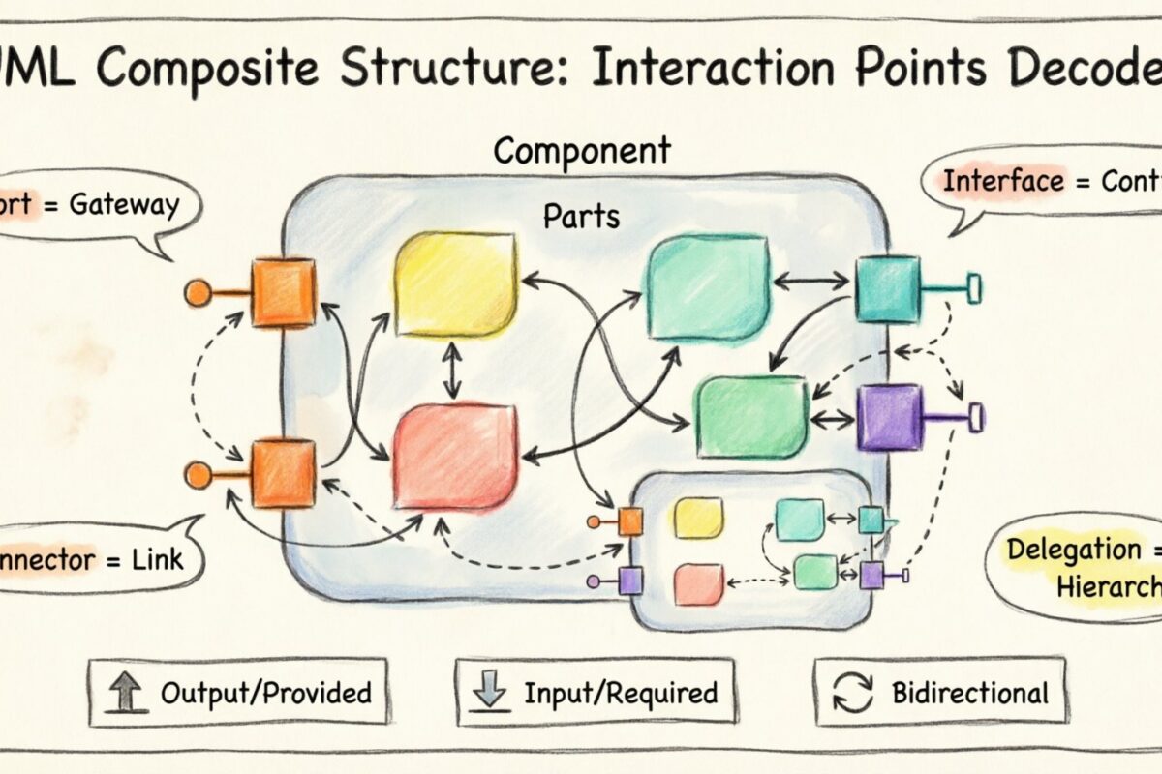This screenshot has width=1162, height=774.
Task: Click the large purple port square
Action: click(889, 417)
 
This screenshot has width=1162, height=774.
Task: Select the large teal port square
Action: click(887, 287)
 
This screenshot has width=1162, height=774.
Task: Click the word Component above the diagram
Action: click(581, 152)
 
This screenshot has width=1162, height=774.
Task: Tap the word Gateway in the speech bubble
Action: click(123, 205)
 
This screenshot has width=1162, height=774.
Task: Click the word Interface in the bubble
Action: click(996, 182)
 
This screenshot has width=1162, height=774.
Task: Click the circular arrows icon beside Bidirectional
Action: click(851, 693)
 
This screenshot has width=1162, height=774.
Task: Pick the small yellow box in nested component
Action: click(698, 518)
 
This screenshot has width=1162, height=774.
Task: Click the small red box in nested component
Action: click(698, 584)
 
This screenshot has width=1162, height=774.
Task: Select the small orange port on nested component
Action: click(630, 521)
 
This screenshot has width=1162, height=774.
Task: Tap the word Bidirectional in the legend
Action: click(969, 694)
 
